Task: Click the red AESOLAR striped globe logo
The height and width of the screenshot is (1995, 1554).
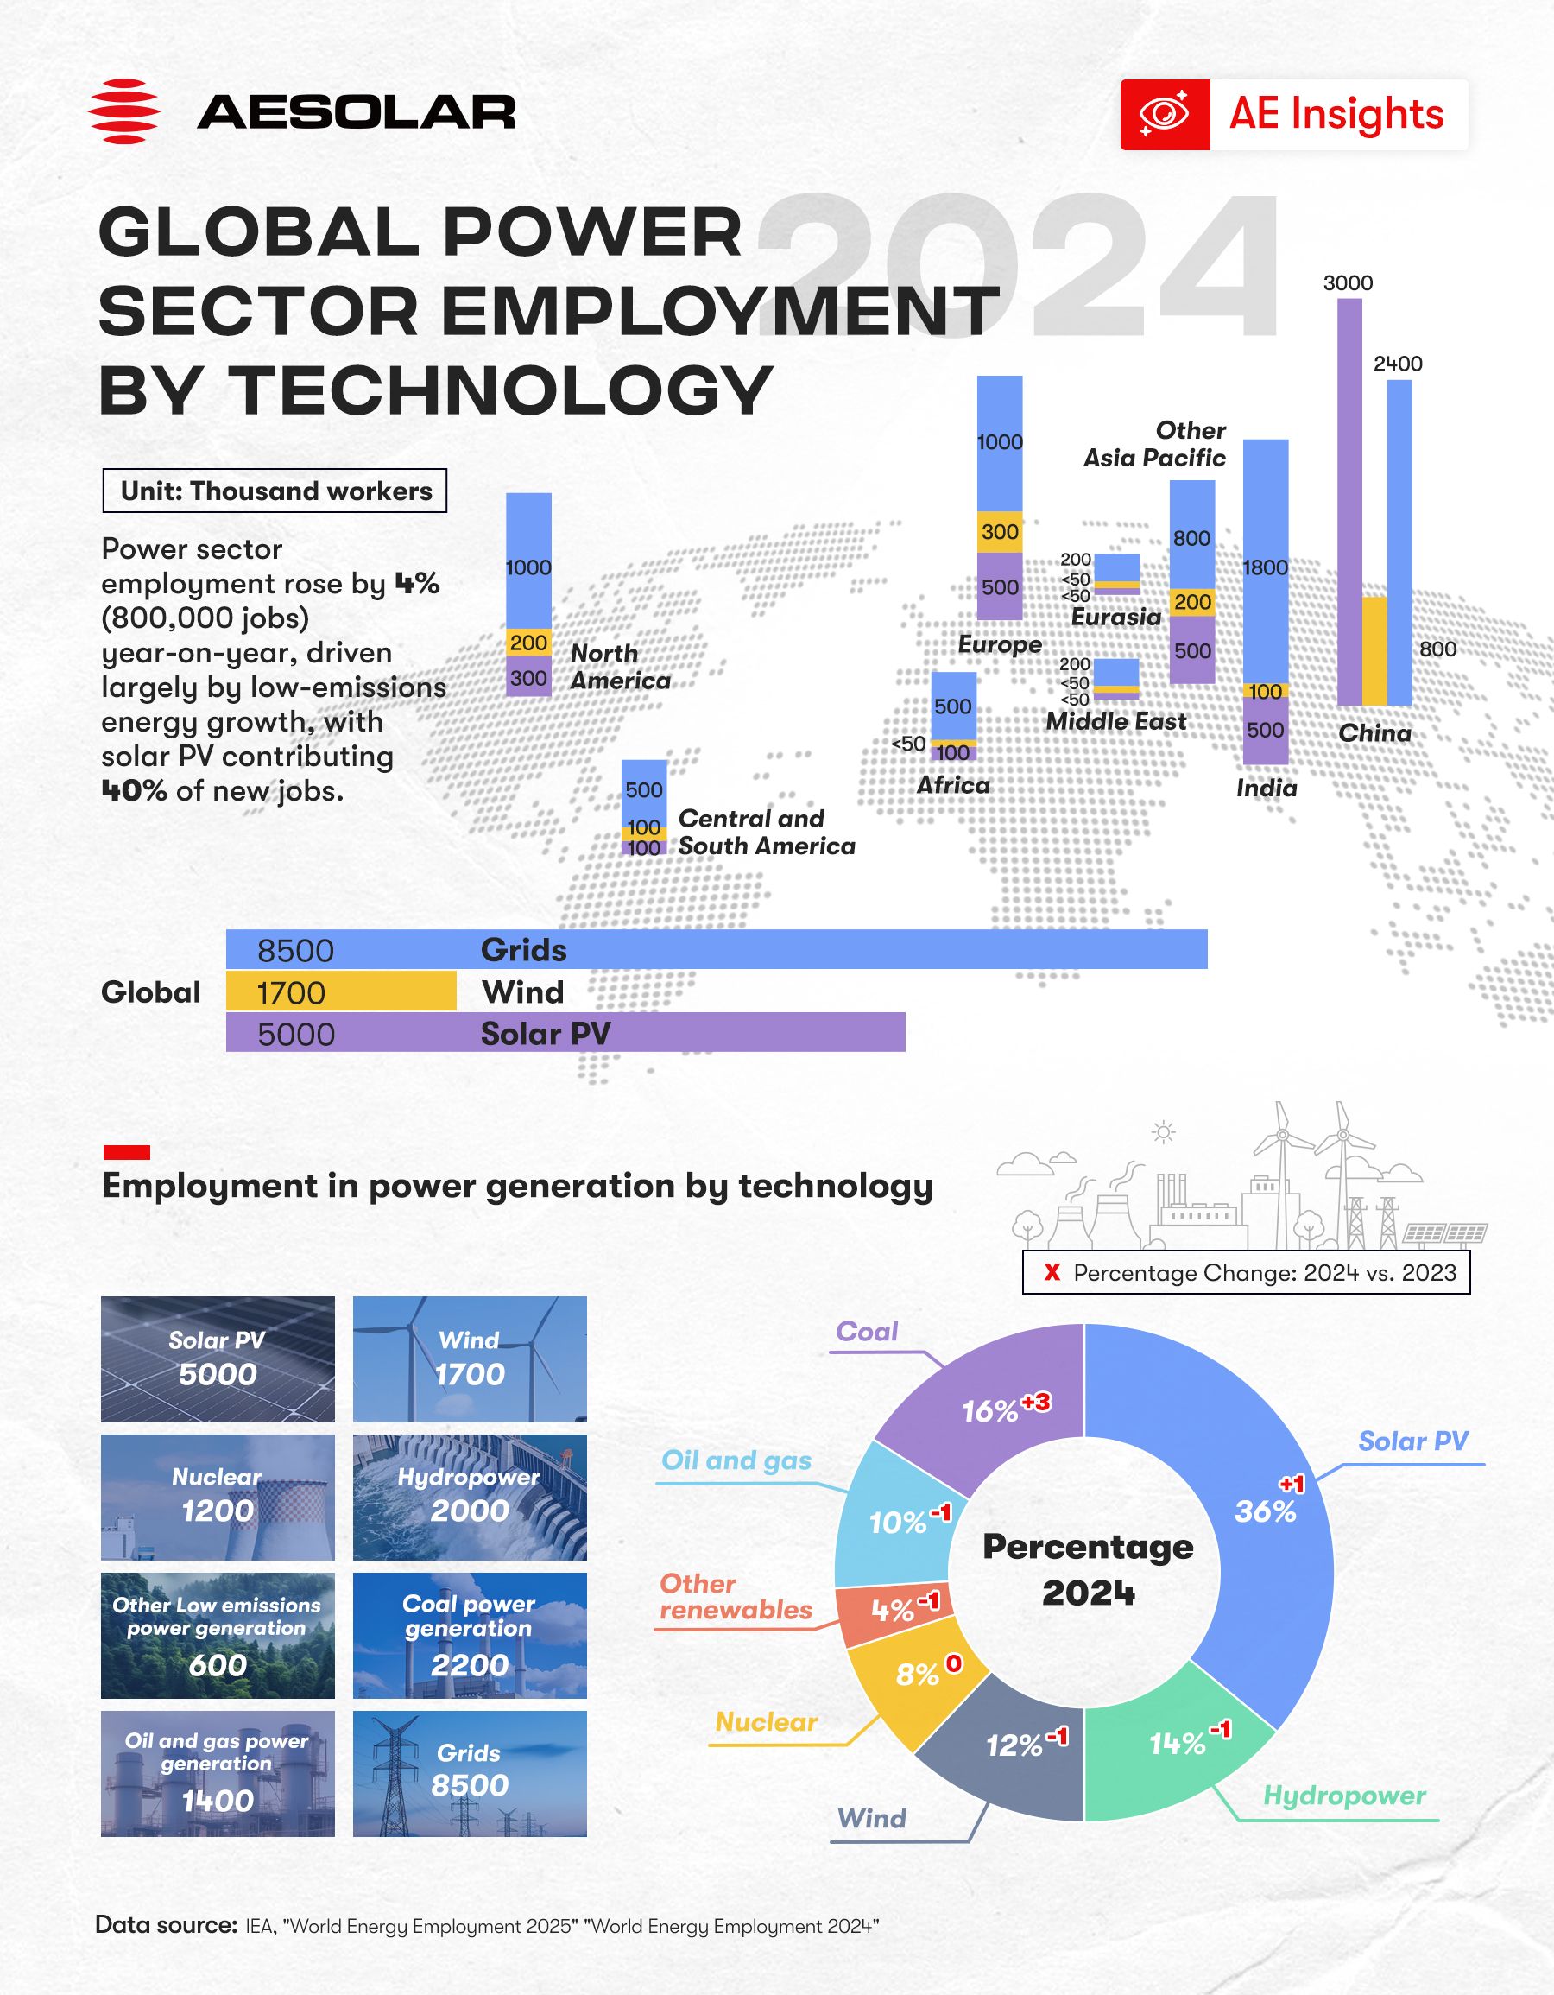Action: click(123, 111)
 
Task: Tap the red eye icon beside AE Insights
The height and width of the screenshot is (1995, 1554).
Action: click(1164, 114)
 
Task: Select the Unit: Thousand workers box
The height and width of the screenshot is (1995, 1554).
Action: click(275, 491)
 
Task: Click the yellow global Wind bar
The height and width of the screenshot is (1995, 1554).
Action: click(340, 991)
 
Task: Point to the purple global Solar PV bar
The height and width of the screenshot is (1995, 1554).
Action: click(565, 1033)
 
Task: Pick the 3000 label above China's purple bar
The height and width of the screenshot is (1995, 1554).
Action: click(1348, 283)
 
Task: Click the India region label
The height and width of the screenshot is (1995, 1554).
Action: click(1267, 788)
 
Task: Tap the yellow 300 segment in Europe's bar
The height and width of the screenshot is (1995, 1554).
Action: click(1000, 532)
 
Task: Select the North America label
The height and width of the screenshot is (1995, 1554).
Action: click(620, 666)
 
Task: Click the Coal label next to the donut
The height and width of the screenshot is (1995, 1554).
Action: click(867, 1331)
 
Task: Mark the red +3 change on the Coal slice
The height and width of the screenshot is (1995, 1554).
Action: click(1036, 1403)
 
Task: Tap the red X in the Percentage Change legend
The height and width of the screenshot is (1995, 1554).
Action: click(1052, 1272)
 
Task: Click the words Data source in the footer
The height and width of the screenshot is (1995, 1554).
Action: click(165, 1925)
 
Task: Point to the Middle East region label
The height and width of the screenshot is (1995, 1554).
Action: click(1115, 721)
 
